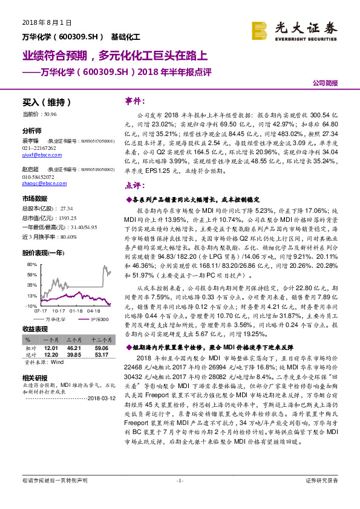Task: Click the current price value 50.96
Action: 51,114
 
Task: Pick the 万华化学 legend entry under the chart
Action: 55,319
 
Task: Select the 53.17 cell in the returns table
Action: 100,354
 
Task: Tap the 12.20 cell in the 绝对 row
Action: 51,354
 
